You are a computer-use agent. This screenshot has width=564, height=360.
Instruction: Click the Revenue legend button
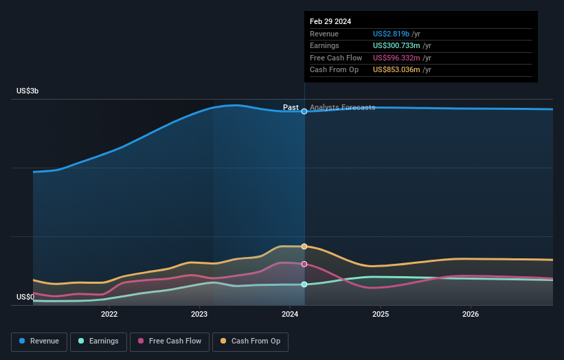coord(40,341)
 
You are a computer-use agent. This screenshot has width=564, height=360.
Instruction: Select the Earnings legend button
coord(98,341)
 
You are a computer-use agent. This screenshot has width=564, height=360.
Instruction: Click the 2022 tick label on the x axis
coord(109,315)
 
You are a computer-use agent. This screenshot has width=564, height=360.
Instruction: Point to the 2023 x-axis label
coord(199,315)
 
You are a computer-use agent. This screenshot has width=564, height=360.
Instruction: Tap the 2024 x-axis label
coord(290,315)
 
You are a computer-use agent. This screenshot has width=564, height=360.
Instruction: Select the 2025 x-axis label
coord(381,315)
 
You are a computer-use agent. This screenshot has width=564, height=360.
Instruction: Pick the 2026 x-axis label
coord(471,315)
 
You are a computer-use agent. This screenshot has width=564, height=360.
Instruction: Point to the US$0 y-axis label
coord(26,297)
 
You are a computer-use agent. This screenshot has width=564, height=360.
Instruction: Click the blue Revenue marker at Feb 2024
coord(304,111)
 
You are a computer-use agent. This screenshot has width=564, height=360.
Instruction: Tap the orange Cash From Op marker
coord(304,246)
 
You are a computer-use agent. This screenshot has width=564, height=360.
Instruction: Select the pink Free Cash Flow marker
coord(304,264)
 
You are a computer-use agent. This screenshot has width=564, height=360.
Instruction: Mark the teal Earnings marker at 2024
coord(304,284)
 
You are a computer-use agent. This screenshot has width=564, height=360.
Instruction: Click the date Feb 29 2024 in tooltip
coord(330,21)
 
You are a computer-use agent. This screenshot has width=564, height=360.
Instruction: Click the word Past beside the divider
coord(291,108)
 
